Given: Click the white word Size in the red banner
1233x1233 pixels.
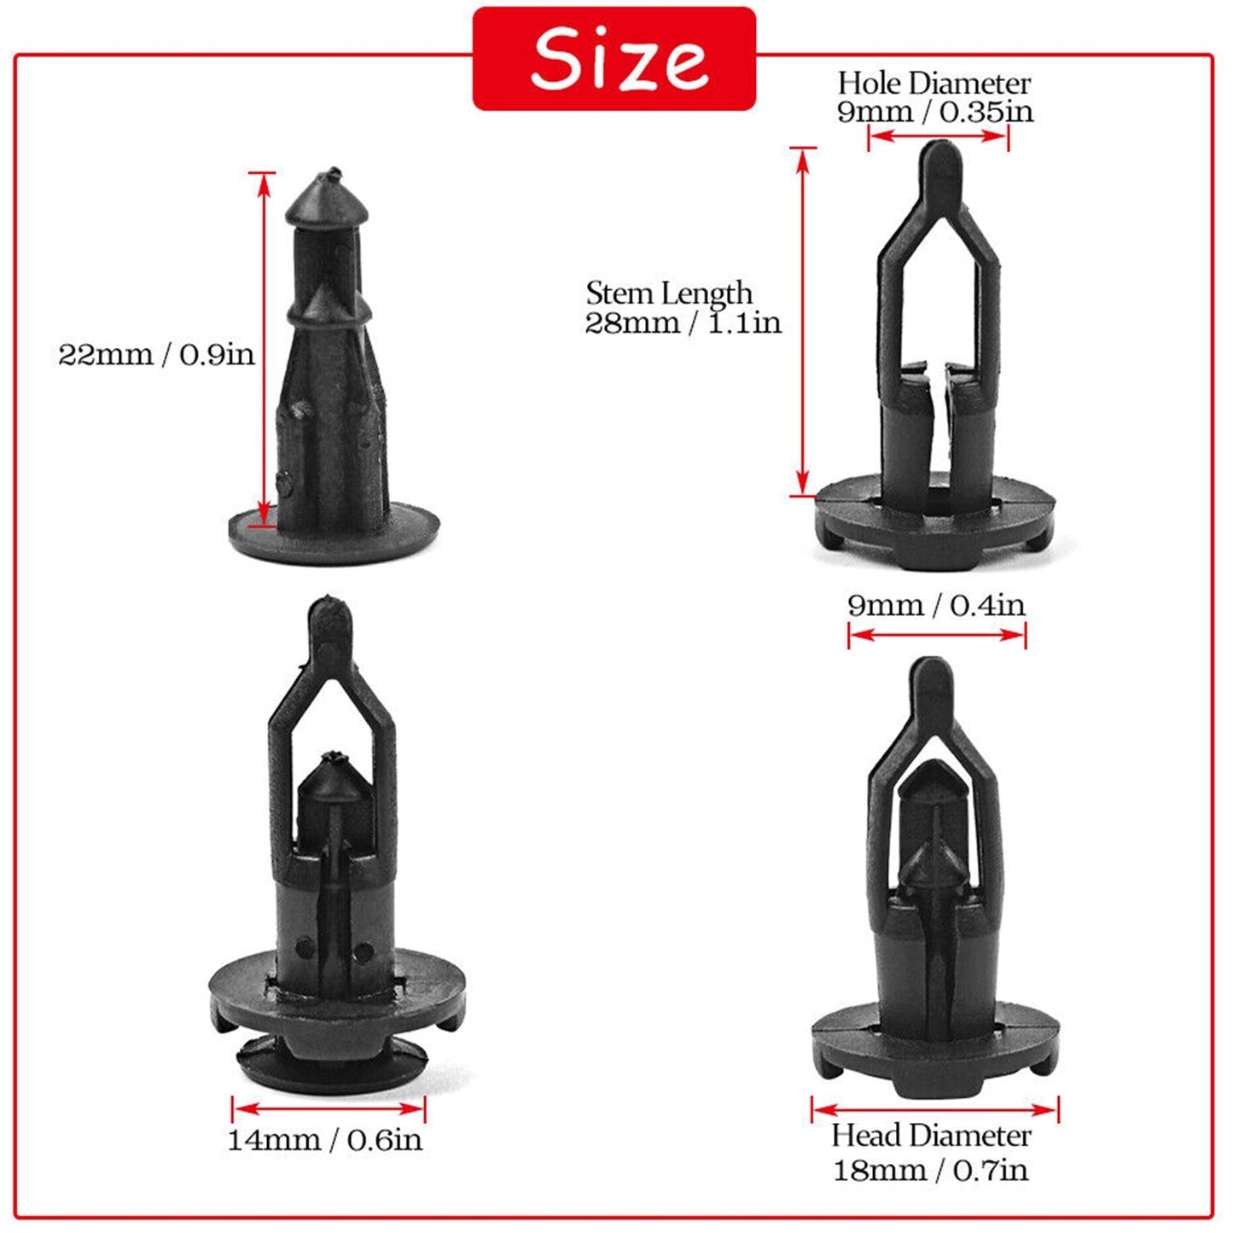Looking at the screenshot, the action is [x=619, y=60].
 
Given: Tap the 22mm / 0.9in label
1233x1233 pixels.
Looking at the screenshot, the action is [x=157, y=354].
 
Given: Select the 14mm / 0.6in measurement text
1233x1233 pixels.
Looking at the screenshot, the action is [x=325, y=1140].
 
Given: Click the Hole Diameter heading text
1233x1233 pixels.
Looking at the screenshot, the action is [x=935, y=84].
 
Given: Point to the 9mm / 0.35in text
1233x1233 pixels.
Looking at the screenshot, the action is [x=935, y=112].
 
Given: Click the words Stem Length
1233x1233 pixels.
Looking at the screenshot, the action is [x=669, y=294].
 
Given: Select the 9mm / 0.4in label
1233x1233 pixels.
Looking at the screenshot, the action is [x=936, y=605].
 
